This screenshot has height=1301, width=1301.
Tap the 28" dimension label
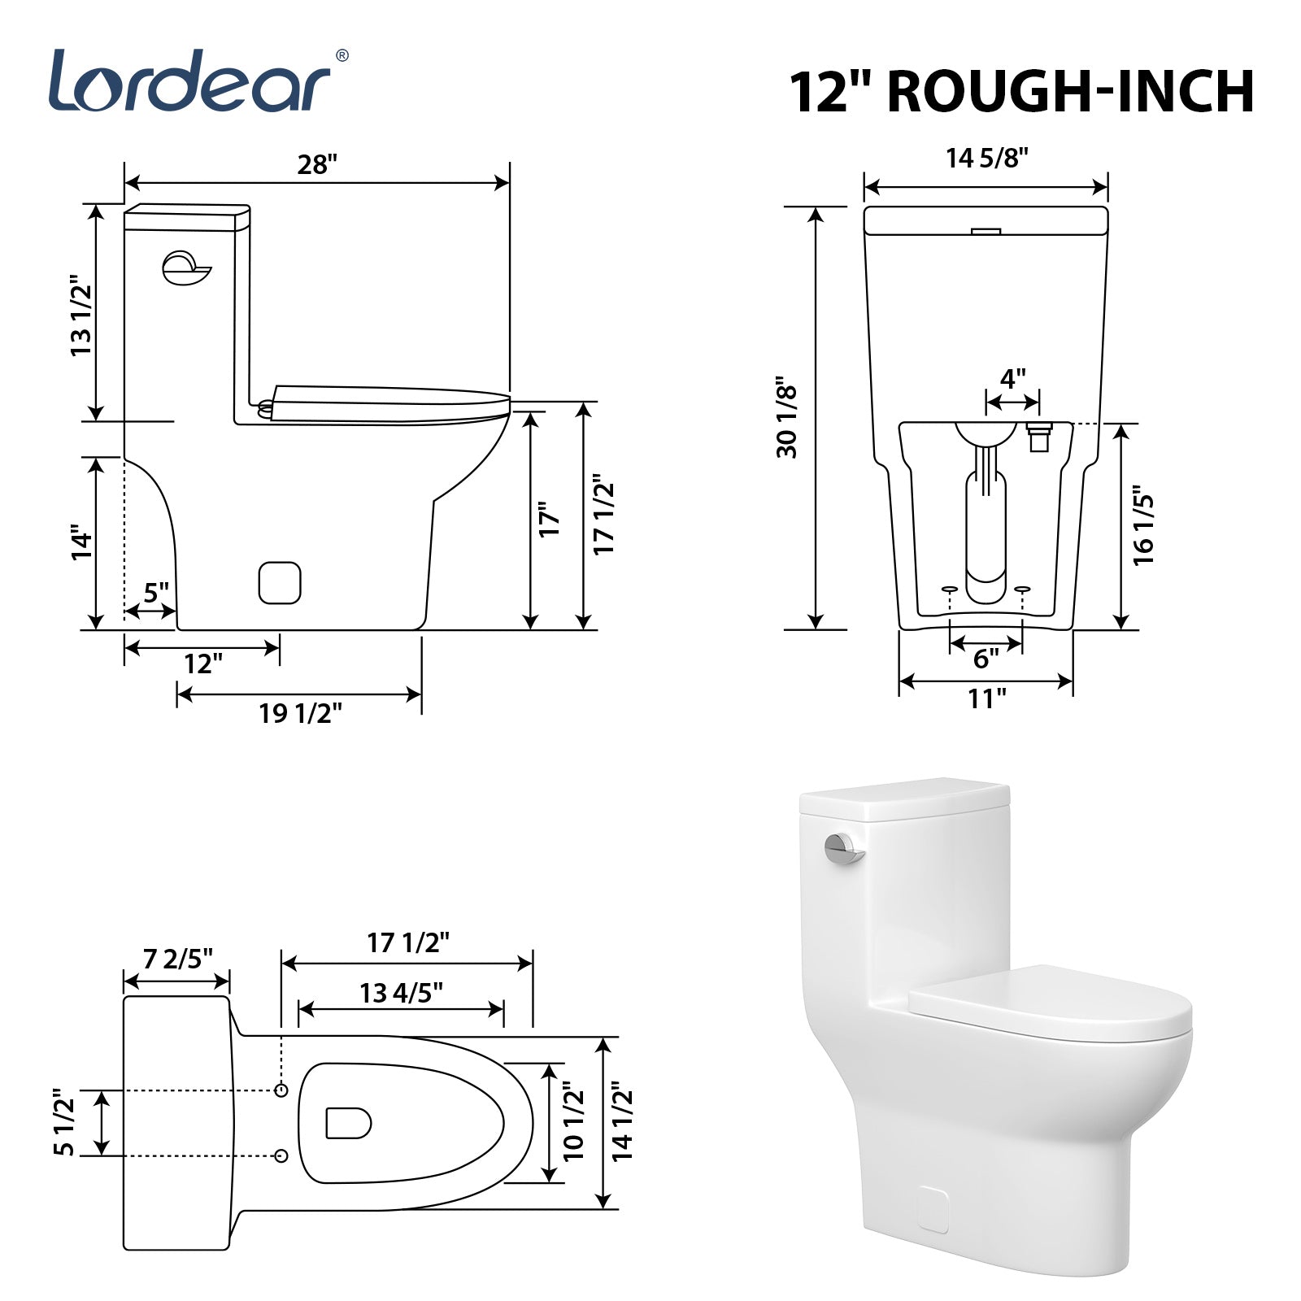coord(316,164)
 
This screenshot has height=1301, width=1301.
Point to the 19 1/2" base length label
coord(300,713)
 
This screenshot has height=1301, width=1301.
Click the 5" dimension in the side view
coord(156,592)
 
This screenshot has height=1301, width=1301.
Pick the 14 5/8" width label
coord(987,158)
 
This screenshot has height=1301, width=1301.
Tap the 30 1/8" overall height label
coord(787,417)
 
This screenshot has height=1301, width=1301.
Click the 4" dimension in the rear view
coord(1012,379)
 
